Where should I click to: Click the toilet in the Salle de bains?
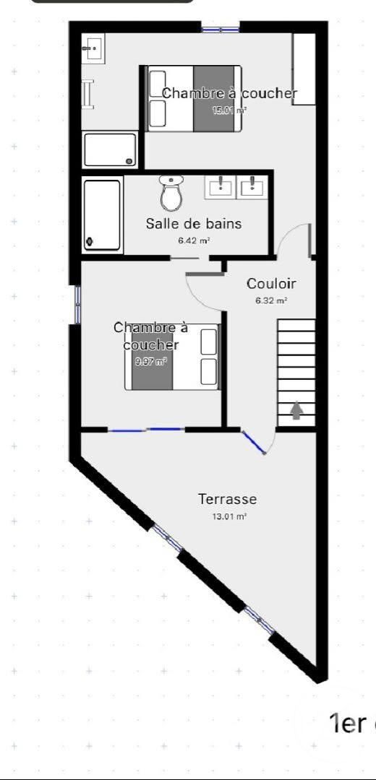point(171,193)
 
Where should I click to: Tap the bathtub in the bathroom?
point(102,214)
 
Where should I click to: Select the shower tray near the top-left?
point(110,149)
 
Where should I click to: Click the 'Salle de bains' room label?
point(194,224)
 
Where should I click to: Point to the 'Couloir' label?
point(271,284)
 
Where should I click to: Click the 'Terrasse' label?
point(228,499)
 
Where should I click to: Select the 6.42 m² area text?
point(194,240)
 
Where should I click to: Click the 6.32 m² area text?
point(271,300)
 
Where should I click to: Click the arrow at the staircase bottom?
point(296,411)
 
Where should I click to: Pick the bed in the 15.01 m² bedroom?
point(194,98)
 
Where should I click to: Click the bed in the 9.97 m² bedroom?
point(172,357)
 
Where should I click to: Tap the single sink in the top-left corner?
point(93,49)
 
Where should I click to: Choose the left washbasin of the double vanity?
point(219,186)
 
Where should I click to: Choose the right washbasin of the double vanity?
point(252,186)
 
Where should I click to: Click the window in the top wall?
point(220,30)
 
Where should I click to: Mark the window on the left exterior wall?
point(77,305)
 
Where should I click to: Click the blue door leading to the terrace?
point(254,442)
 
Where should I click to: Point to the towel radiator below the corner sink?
point(88,93)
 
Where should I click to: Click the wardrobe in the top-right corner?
point(304,69)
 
